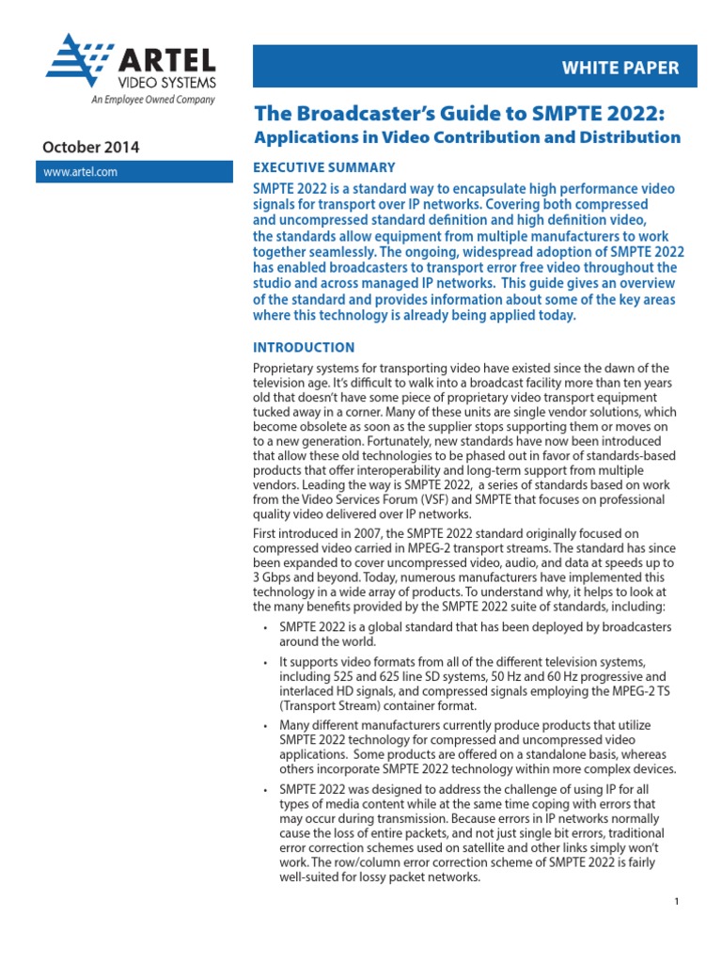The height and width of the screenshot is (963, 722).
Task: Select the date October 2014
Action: [x=90, y=147]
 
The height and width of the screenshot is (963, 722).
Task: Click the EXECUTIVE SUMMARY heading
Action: [x=324, y=167]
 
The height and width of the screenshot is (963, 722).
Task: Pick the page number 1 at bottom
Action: [x=676, y=902]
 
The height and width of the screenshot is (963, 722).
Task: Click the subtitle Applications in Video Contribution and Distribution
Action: [x=467, y=137]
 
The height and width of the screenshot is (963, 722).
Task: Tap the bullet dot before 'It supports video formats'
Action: [x=267, y=662]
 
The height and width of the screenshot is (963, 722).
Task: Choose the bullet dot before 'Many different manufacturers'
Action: [x=267, y=726]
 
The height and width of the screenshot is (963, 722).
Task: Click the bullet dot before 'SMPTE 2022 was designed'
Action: [x=267, y=790]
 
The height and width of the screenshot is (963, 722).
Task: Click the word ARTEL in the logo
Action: [x=165, y=62]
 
